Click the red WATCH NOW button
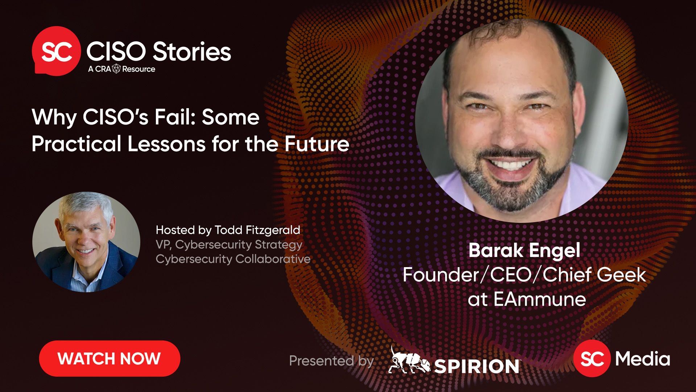coord(109,359)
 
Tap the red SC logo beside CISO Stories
coord(56,51)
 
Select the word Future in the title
coord(316,144)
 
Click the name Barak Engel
coord(524,250)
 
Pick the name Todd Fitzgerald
coord(257,230)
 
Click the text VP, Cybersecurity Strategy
coord(229,245)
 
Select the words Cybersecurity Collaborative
coord(233,259)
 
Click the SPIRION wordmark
coord(477,366)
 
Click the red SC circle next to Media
coord(592,359)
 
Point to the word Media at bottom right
coord(643,359)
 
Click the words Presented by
coord(331,361)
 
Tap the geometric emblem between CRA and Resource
coord(116,69)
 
